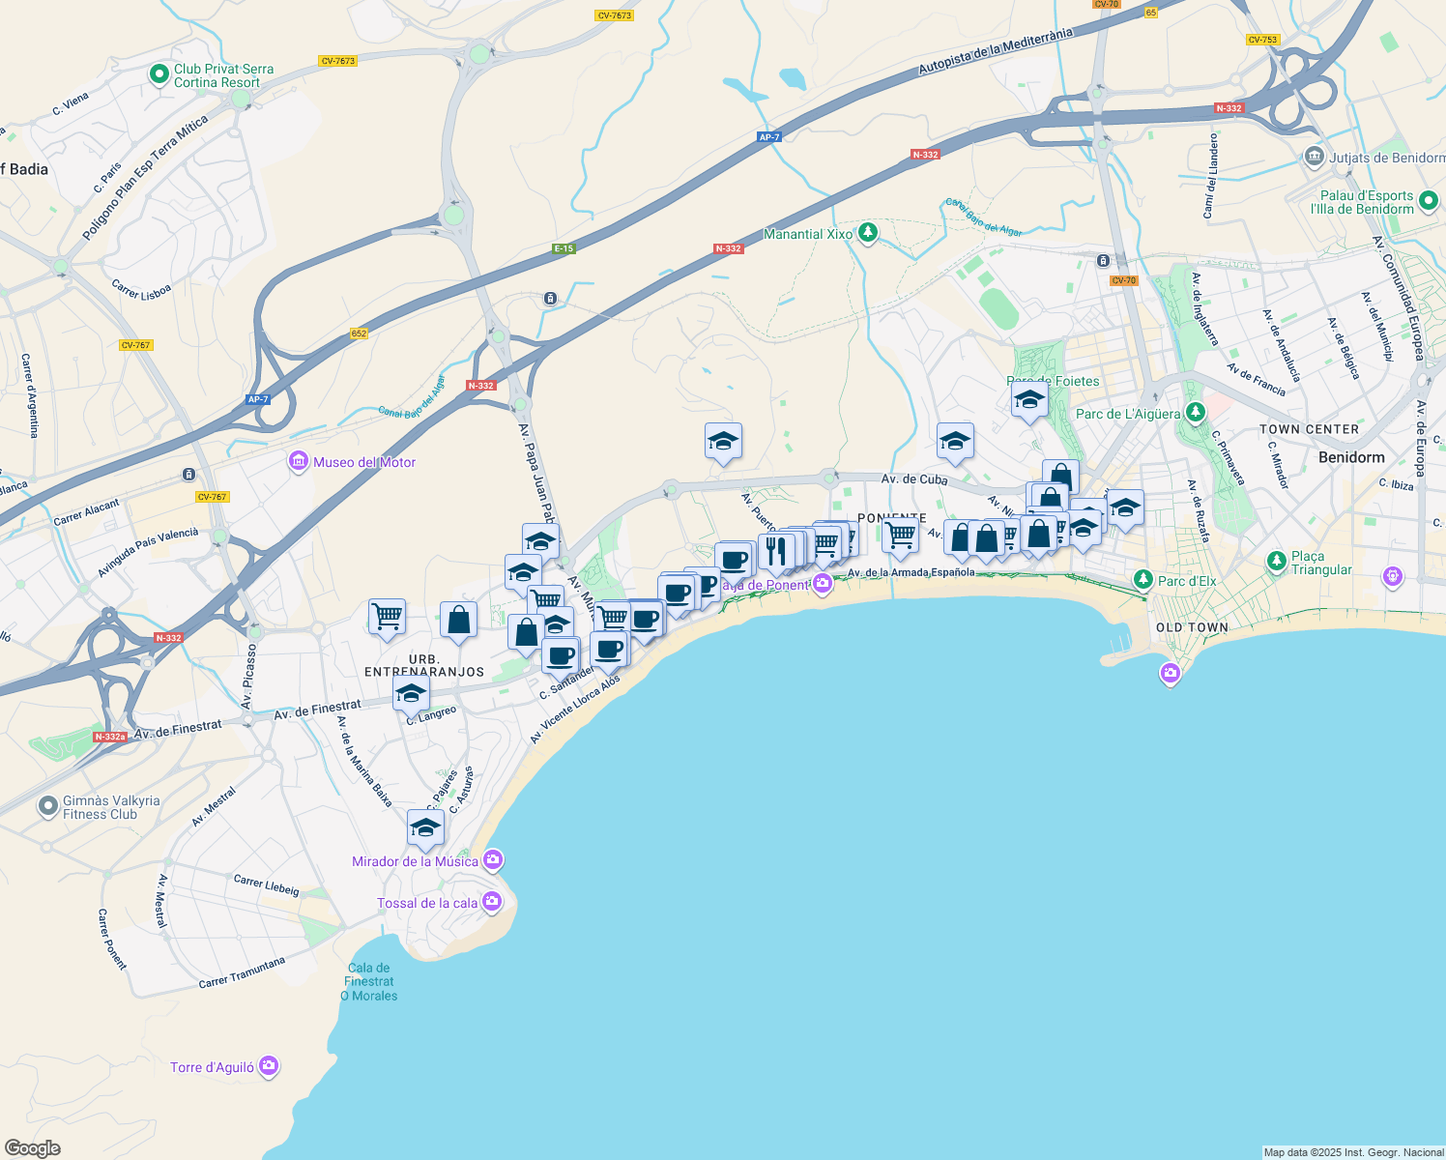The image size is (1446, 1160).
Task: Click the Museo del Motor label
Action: click(364, 462)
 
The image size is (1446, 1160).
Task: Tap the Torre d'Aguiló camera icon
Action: click(269, 1066)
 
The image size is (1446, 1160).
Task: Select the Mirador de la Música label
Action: click(415, 861)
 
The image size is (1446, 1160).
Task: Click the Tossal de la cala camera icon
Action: click(492, 902)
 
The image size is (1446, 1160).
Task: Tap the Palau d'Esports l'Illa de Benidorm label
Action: click(1362, 202)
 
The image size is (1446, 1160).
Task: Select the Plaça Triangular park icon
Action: click(1276, 561)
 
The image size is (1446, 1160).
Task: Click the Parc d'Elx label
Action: click(1187, 581)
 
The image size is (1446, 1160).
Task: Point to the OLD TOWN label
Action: click(1192, 627)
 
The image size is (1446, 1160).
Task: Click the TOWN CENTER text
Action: click(1309, 429)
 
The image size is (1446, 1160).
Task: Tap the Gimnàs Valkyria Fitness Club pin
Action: click(48, 806)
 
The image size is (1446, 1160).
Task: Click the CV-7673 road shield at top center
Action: click(615, 15)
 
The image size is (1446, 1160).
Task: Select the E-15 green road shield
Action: click(564, 248)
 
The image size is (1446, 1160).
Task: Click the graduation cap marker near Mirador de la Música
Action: click(425, 827)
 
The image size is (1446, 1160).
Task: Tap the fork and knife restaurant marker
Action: click(776, 551)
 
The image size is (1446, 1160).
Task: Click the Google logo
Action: click(32, 1148)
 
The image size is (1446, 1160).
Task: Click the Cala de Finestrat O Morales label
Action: click(368, 981)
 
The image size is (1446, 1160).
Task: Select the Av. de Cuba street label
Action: click(914, 479)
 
